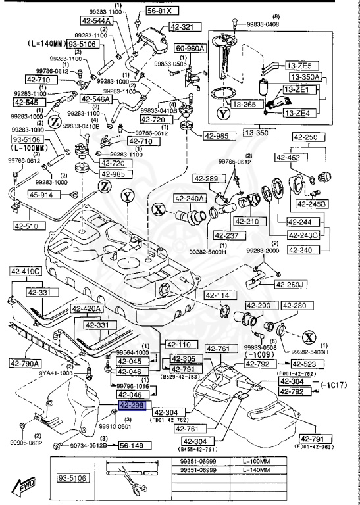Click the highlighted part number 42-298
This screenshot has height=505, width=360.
click(x=134, y=406)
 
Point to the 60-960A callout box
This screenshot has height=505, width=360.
click(x=189, y=48)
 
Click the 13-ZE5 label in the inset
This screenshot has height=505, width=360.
click(x=303, y=66)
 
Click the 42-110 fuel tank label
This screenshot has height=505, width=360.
click(x=178, y=344)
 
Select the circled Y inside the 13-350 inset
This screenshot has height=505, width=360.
click(x=225, y=114)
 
